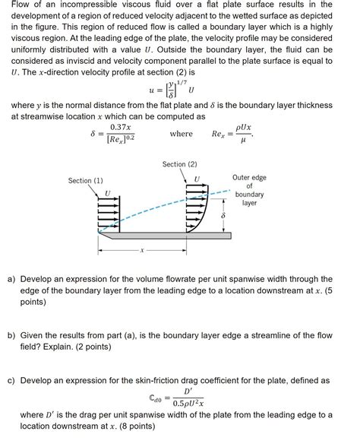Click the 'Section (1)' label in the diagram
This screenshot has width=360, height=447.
pyautogui.click(x=85, y=181)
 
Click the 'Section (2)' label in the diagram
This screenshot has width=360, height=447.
pyautogui.click(x=179, y=164)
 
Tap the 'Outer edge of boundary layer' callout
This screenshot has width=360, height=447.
pyautogui.click(x=249, y=190)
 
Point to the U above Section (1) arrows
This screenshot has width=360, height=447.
pyautogui.click(x=107, y=192)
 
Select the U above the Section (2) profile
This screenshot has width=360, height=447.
pyautogui.click(x=197, y=179)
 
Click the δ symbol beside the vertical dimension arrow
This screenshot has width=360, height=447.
pyautogui.click(x=222, y=217)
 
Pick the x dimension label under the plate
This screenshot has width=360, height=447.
pyautogui.click(x=141, y=249)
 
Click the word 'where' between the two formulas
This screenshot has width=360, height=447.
pyautogui.click(x=181, y=134)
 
